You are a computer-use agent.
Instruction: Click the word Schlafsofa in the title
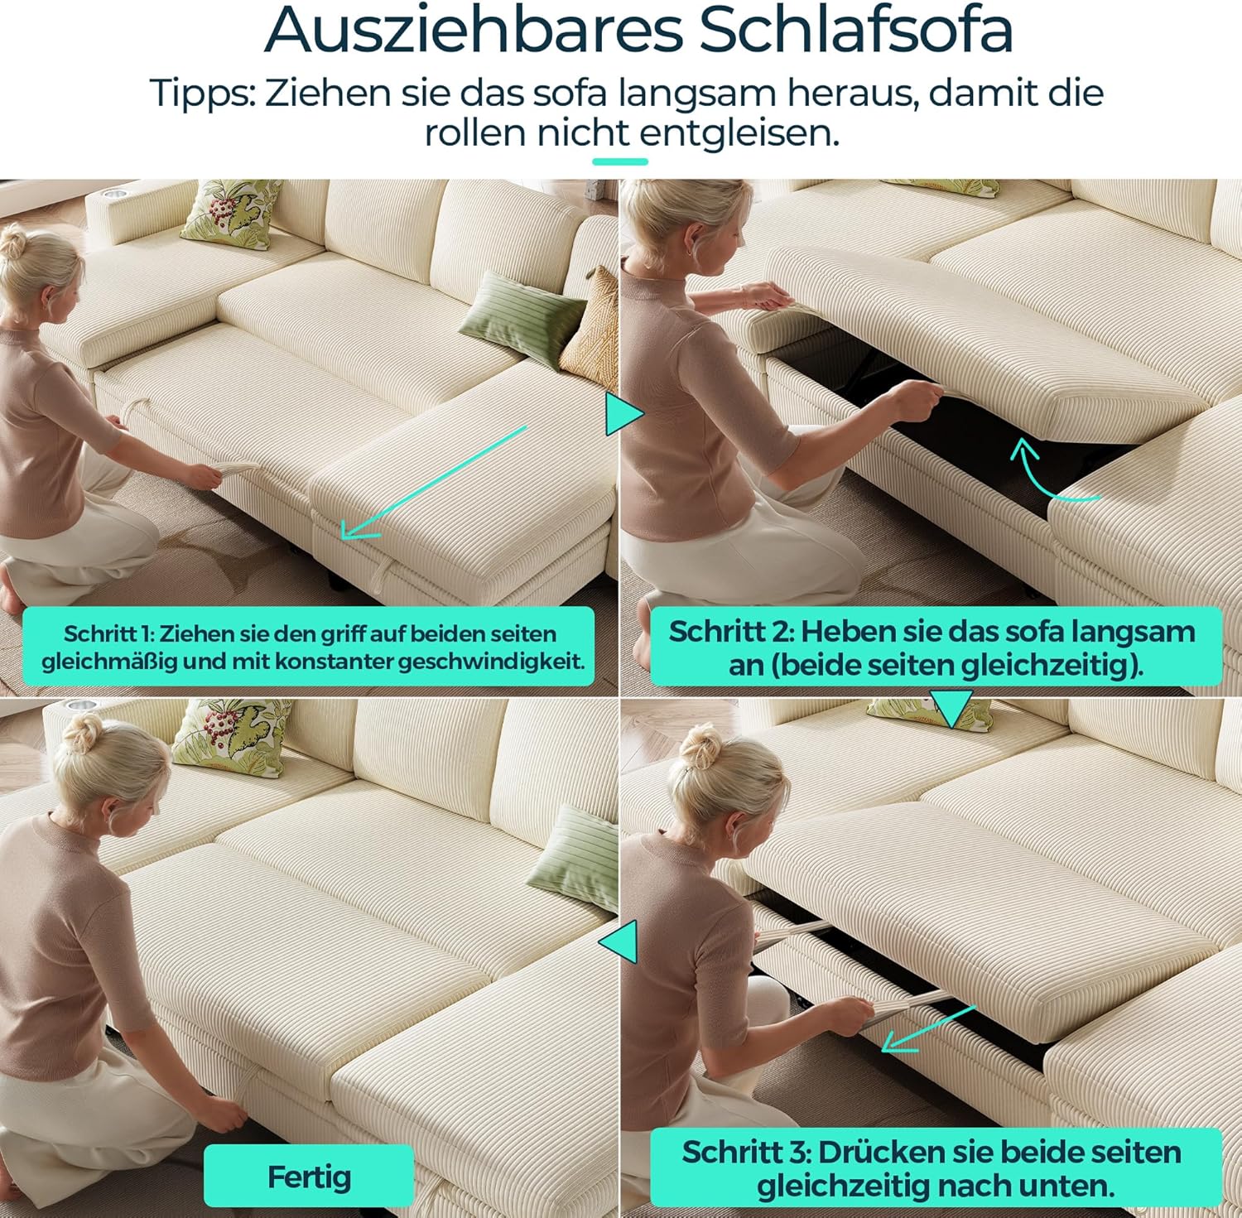pyautogui.click(x=856, y=31)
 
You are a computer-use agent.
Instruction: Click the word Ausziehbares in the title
pyautogui.click(x=474, y=31)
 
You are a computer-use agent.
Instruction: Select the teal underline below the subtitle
pyautogui.click(x=620, y=161)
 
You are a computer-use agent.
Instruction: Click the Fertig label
pyautogui.click(x=309, y=1177)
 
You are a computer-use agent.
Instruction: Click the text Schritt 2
pyautogui.click(x=731, y=632)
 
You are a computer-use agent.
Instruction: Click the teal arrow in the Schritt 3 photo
pyautogui.click(x=928, y=1029)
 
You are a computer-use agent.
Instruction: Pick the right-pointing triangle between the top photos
pyautogui.click(x=624, y=413)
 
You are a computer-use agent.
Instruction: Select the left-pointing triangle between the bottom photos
pyautogui.click(x=619, y=941)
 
